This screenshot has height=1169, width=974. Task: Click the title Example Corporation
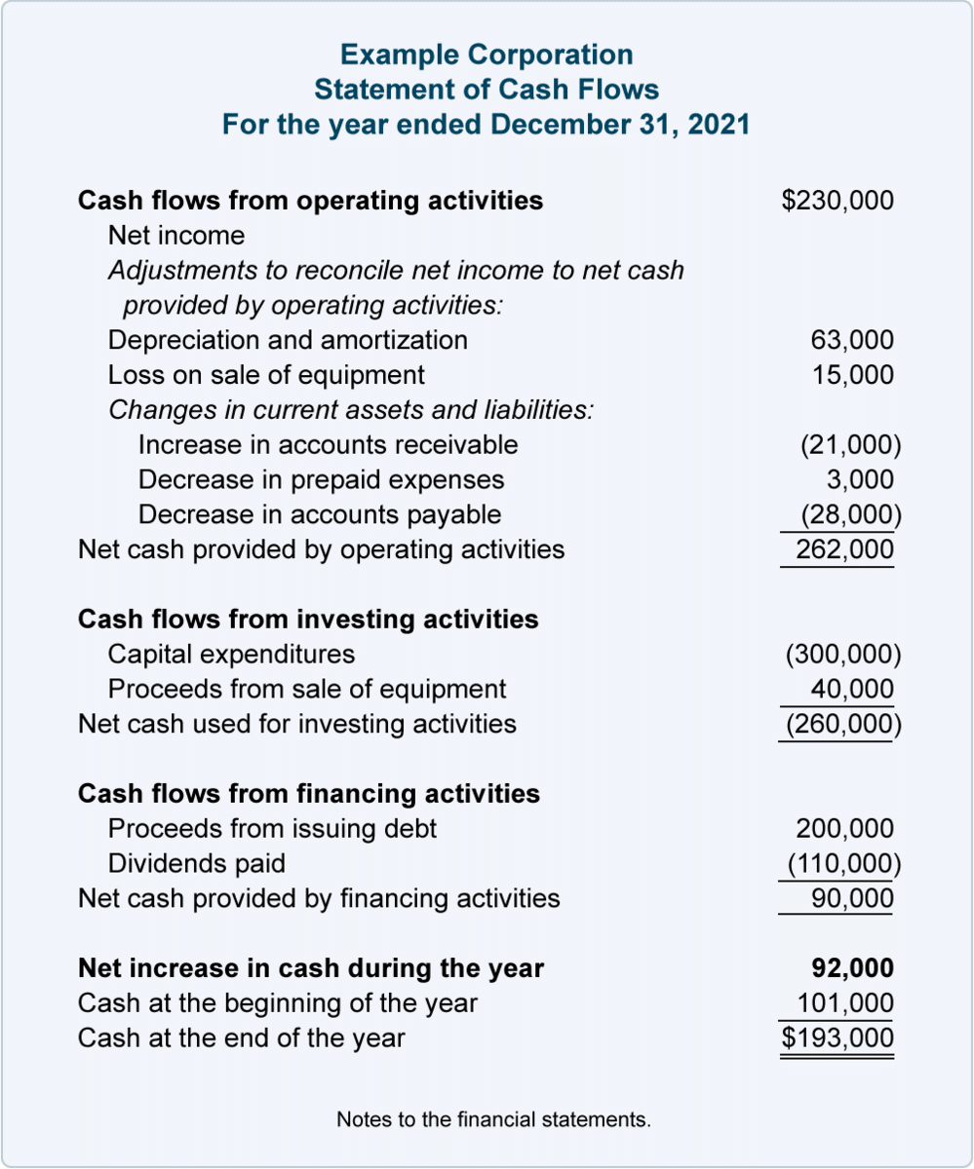click(x=487, y=55)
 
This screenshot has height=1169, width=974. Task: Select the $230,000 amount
click(x=837, y=201)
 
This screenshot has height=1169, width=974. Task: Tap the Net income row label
click(x=176, y=236)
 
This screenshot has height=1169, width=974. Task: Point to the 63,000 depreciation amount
click(x=851, y=340)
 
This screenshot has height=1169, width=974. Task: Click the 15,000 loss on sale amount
click(x=851, y=375)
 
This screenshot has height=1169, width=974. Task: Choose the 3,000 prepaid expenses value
click(x=859, y=479)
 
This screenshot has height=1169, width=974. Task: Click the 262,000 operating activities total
click(x=843, y=549)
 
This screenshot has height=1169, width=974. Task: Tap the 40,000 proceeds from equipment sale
click(x=851, y=689)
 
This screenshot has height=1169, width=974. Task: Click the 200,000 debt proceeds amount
click(x=843, y=829)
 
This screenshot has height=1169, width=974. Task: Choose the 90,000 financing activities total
click(x=851, y=898)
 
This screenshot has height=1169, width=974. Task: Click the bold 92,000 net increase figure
click(x=852, y=968)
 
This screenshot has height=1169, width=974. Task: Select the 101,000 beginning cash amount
click(x=844, y=1003)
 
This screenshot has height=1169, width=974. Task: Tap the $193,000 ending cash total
click(x=837, y=1038)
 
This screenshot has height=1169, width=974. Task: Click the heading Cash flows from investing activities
click(x=307, y=620)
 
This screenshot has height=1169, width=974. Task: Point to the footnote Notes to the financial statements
click(x=493, y=1120)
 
